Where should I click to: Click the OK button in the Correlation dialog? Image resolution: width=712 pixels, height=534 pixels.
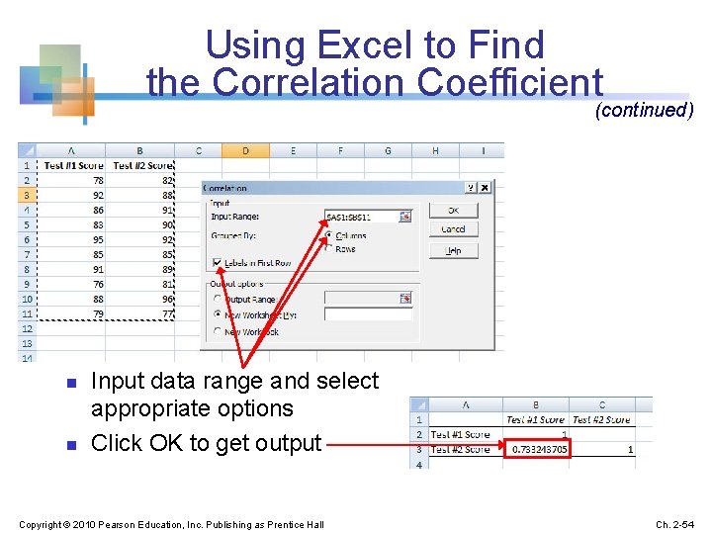[453, 210]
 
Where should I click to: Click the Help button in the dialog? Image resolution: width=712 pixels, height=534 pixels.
[453, 251]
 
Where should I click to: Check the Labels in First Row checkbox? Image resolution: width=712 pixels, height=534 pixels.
[218, 263]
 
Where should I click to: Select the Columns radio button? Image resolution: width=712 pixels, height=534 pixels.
[328, 235]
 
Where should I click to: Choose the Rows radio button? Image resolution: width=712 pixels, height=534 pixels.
[328, 249]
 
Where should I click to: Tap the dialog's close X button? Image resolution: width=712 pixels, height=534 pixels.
[485, 187]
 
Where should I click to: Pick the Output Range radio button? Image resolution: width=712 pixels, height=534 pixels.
[218, 299]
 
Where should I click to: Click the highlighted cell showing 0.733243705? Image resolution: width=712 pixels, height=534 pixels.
[541, 449]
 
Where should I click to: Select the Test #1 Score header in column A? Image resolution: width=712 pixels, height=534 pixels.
[73, 165]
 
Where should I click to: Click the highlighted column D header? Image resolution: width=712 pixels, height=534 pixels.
[245, 150]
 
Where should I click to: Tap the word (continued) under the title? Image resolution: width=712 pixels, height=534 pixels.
[644, 110]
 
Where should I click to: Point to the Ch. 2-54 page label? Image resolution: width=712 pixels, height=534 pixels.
[676, 523]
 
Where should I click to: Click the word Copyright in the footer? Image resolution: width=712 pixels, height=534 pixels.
[39, 523]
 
